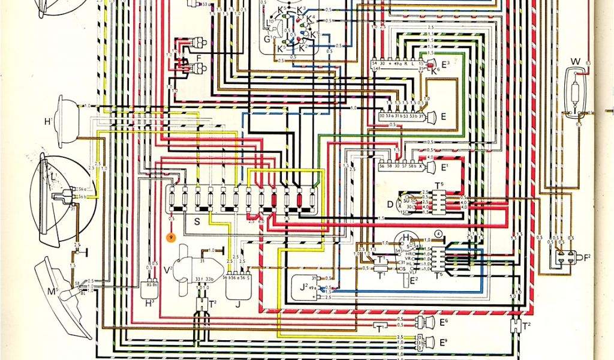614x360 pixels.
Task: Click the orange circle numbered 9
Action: coord(171,238)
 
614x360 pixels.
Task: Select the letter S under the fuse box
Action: coord(196,222)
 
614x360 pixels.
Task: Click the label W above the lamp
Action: coord(575,61)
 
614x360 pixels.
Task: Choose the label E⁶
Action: coord(444,323)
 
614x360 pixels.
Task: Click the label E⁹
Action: coord(444,343)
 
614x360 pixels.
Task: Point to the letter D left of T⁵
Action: coord(390,204)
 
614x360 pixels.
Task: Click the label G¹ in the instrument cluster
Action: coord(268,40)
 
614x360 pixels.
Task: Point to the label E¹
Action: coord(444,166)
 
